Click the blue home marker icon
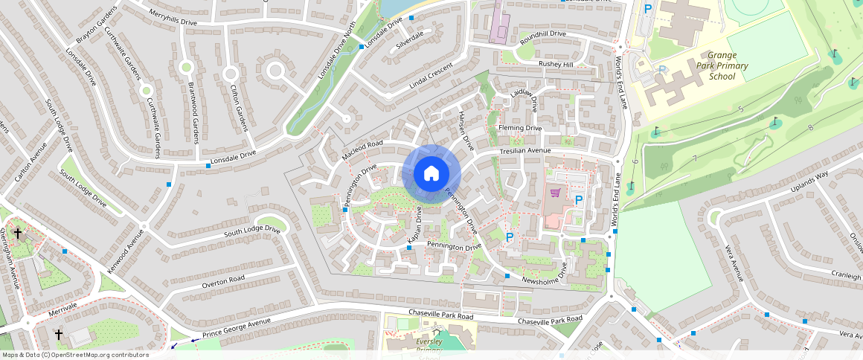tap(431, 174)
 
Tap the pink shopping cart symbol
tap(555, 193)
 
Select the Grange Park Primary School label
tap(722, 65)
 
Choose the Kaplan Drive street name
tap(416, 224)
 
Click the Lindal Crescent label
tap(431, 77)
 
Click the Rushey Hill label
tap(556, 65)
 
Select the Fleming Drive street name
tap(521, 128)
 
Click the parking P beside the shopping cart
tap(578, 200)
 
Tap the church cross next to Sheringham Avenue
tap(17, 234)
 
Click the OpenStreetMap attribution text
tap(74, 355)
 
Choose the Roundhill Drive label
tap(543, 34)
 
